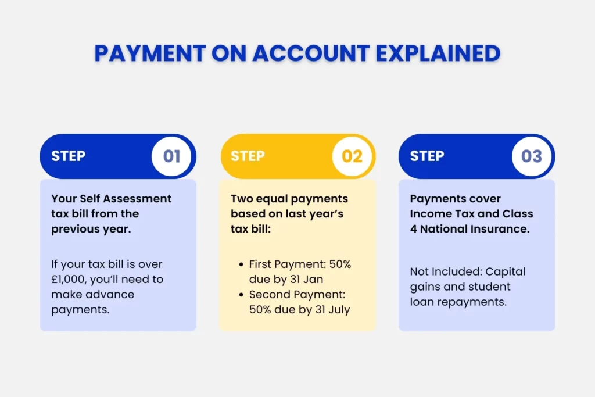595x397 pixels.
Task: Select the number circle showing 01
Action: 171,156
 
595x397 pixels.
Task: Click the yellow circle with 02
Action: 352,156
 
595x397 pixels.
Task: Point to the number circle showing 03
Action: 532,156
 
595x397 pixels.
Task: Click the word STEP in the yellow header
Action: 248,156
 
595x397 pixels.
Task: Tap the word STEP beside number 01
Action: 69,156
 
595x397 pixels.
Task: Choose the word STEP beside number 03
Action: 427,156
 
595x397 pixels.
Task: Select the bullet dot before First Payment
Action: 241,264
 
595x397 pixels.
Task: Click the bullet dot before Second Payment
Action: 241,295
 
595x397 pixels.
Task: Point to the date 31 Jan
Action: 311,280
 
